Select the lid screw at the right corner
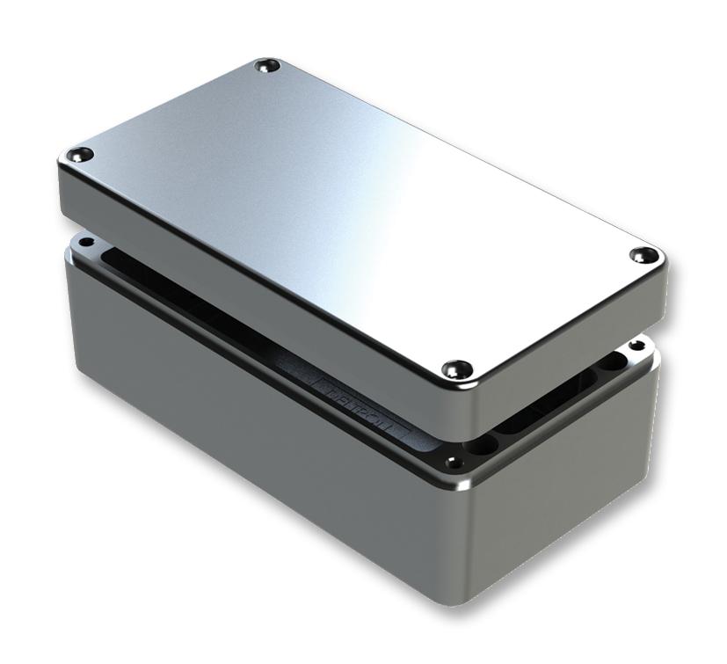[x=644, y=255]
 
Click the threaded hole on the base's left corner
[x=85, y=242]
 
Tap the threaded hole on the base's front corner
[x=453, y=460]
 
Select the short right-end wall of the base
[x=571, y=493]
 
